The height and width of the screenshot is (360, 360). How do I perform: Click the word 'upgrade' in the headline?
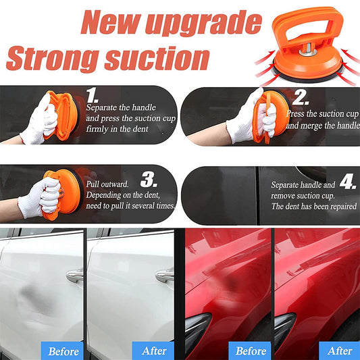pos(201,22)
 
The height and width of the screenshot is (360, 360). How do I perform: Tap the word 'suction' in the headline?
pos(149,59)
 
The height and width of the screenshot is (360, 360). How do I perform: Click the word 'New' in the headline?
pos(112,22)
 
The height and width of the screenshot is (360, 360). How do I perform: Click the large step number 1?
pos(95,93)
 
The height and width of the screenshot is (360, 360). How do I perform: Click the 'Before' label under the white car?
pos(64,351)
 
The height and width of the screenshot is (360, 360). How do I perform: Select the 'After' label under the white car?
pos(154,351)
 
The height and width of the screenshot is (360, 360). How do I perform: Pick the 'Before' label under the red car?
pos(251,351)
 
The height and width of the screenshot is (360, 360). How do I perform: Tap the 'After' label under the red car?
pos(339,351)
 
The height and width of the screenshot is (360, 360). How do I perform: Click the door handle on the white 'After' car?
pos(164,276)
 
